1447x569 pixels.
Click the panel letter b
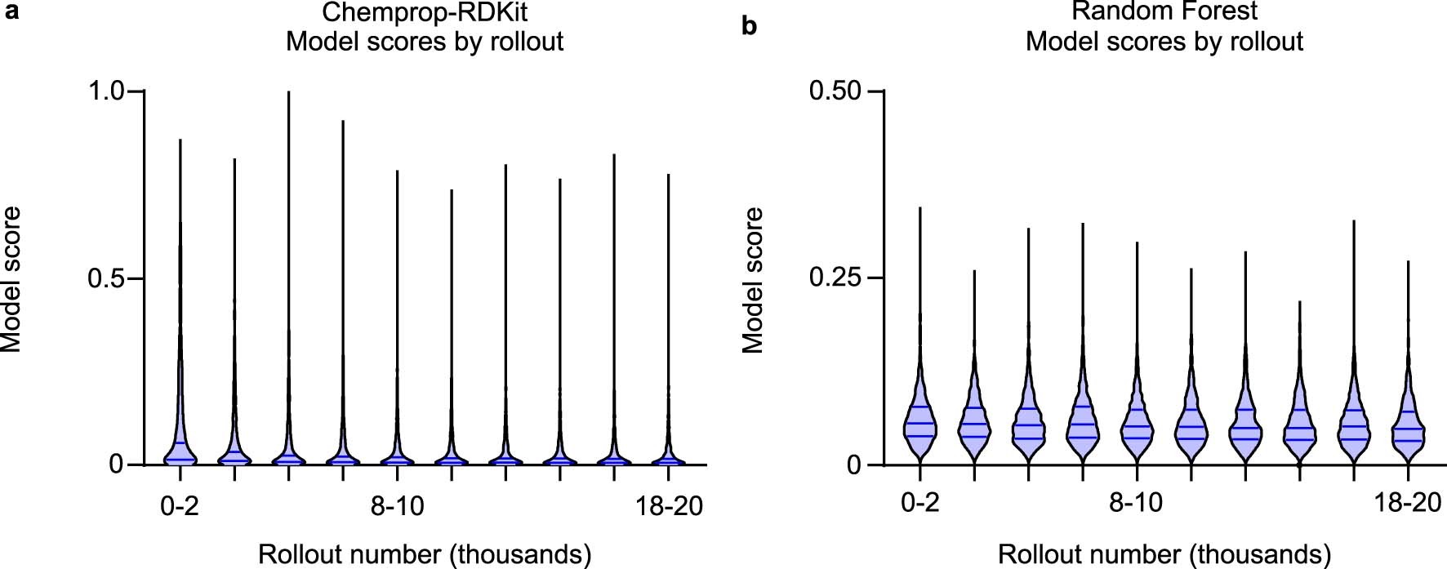pyautogui.click(x=749, y=26)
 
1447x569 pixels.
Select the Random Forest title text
pyautogui.click(x=1164, y=11)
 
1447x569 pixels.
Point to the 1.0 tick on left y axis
pyautogui.click(x=107, y=90)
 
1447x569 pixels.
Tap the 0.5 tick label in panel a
pyautogui.click(x=107, y=278)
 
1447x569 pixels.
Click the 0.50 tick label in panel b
pyautogui.click(x=835, y=90)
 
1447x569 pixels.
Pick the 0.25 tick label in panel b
pyautogui.click(x=835, y=278)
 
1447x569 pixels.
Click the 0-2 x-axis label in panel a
pyautogui.click(x=180, y=506)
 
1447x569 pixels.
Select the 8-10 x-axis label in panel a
pyautogui.click(x=398, y=506)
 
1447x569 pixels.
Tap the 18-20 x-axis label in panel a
pyautogui.click(x=669, y=506)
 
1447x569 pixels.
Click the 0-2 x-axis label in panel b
pyautogui.click(x=920, y=502)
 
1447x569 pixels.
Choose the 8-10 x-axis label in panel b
pyautogui.click(x=1136, y=502)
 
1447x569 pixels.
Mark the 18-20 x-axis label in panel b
pyautogui.click(x=1408, y=502)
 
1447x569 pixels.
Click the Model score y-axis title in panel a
pyautogui.click(x=11, y=279)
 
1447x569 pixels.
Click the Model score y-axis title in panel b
pyautogui.click(x=753, y=279)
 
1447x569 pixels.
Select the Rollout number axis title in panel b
pyautogui.click(x=1164, y=554)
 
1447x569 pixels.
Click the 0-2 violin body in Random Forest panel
pyautogui.click(x=920, y=425)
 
